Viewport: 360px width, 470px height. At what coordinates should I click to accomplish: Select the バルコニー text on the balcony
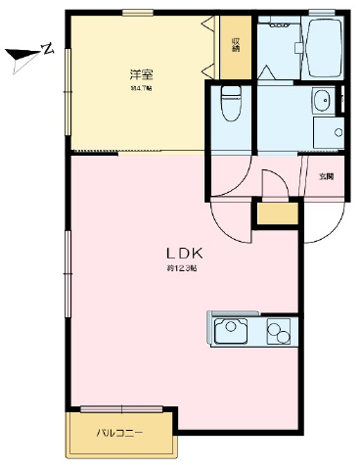[x=119, y=431]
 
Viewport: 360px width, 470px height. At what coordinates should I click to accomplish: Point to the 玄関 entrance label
[x=327, y=177]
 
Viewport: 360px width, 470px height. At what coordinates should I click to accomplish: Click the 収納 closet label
[x=236, y=45]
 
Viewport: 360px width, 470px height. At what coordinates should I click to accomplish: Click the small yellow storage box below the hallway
[x=276, y=211]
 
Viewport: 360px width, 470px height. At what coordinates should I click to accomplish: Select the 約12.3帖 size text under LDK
[x=182, y=268]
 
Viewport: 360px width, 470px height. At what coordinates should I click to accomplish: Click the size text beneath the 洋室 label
[x=142, y=89]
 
